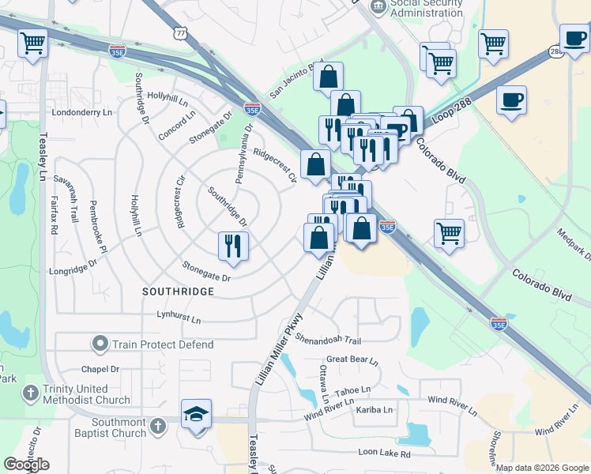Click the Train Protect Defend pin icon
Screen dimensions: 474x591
[100, 344]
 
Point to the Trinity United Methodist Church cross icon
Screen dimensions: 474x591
[30, 393]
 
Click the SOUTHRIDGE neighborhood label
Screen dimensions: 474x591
[178, 292]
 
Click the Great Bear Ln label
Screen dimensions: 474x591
[352, 359]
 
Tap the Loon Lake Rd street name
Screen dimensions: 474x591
[384, 453]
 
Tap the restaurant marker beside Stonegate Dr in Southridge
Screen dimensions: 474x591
[233, 245]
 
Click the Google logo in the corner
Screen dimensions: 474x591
[26, 465]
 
